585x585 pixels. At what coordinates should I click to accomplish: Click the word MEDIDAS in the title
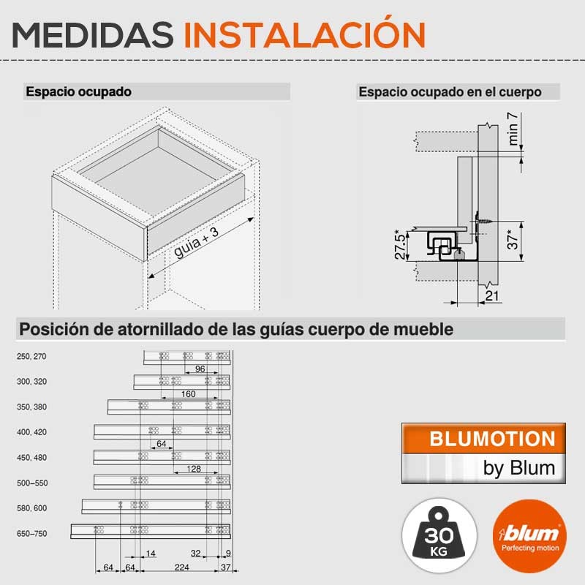click(93, 34)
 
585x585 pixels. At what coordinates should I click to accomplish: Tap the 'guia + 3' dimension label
click(196, 243)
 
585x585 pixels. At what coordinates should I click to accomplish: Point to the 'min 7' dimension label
click(513, 129)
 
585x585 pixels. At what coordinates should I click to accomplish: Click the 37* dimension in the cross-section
click(513, 240)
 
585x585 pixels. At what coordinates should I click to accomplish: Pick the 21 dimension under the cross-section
click(491, 296)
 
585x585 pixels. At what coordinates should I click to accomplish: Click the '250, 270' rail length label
click(31, 357)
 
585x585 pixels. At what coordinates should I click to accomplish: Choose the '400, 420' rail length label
click(31, 432)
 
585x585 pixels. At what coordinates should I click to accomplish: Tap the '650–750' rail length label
click(31, 534)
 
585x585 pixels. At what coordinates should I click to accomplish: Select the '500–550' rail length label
click(32, 483)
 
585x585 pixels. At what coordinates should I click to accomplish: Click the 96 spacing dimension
click(200, 369)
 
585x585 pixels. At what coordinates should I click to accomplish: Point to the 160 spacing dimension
click(189, 394)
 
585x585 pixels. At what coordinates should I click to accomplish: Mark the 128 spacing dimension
click(194, 469)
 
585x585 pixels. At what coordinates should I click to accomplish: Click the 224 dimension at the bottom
click(181, 567)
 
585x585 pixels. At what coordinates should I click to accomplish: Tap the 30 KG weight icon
click(439, 536)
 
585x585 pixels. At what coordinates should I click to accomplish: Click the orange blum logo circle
click(529, 537)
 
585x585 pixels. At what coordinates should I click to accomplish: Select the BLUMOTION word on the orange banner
click(492, 439)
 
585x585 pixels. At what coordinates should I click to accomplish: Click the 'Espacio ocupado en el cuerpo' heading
click(450, 92)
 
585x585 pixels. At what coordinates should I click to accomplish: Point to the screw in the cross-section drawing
click(484, 221)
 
